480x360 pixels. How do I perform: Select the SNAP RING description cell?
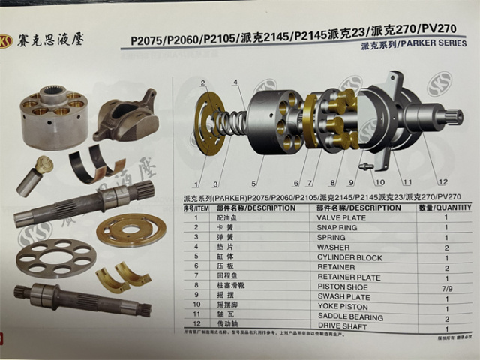point(341,227)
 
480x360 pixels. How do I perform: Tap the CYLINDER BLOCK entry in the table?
point(349,257)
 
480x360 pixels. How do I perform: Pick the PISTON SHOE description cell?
point(344,287)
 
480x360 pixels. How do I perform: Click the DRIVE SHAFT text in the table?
point(343,327)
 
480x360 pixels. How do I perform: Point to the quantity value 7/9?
point(447,287)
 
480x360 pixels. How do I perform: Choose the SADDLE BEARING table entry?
point(349,317)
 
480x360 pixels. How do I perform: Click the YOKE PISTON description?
point(343,307)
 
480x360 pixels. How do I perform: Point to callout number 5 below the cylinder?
point(254,182)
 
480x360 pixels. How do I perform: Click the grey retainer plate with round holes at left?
point(56,258)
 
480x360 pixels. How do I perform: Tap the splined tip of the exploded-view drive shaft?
point(454,117)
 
